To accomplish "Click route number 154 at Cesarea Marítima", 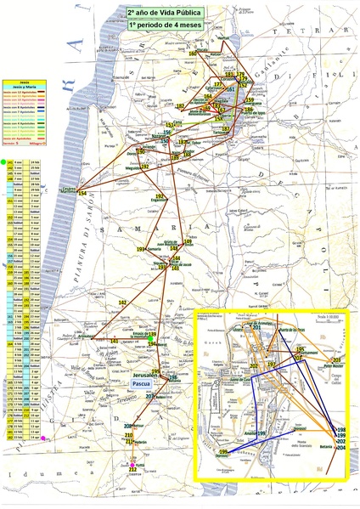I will point(82,195).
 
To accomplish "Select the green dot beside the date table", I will point(3,161).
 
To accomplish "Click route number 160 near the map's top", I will point(193,54).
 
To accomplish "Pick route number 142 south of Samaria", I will point(122,303).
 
